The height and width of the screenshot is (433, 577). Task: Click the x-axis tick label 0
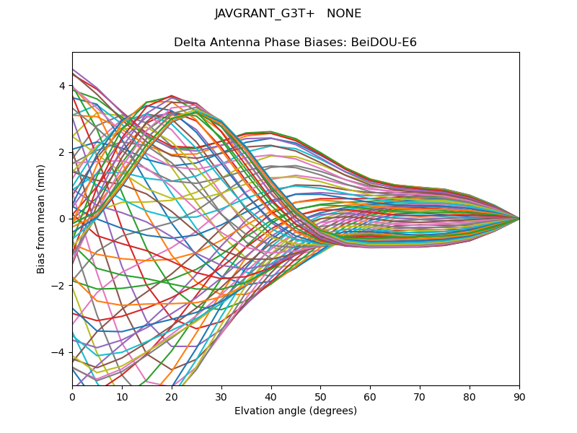[72, 396]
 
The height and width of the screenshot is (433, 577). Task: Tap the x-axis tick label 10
[122, 396]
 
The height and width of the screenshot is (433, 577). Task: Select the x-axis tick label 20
[172, 396]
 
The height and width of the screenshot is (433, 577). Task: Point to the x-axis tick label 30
[221, 396]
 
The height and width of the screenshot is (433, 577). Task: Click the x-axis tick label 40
[271, 396]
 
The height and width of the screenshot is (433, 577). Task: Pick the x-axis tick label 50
[320, 396]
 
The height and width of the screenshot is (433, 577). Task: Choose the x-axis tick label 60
[370, 396]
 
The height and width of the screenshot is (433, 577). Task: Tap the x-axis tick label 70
[420, 396]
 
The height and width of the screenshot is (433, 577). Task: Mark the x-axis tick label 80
[470, 396]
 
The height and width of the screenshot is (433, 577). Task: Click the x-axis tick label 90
[519, 396]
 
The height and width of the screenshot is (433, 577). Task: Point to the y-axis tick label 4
[62, 86]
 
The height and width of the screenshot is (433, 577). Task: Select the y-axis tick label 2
[62, 152]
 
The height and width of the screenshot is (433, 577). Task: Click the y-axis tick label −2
[59, 286]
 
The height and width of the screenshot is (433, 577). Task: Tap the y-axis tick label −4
[59, 352]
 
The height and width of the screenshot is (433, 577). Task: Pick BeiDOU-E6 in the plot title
[384, 43]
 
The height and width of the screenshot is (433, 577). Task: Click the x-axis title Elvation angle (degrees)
[296, 411]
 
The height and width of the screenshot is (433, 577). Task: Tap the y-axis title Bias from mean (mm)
[41, 218]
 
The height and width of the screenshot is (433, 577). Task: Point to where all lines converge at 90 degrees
[519, 218]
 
